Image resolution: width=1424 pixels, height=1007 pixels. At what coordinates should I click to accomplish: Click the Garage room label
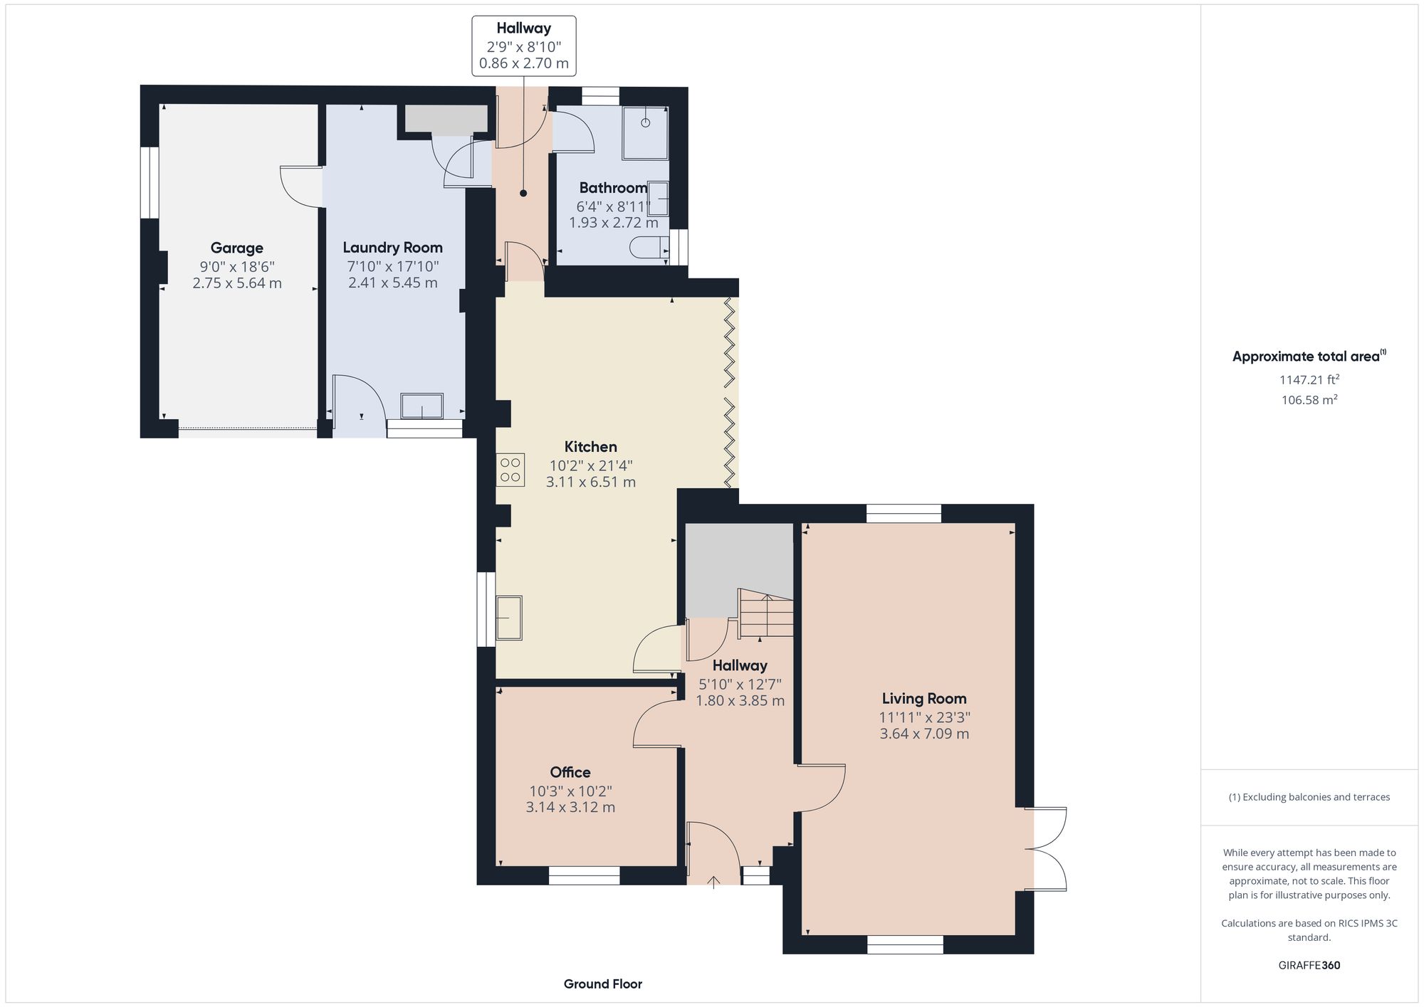click(x=236, y=248)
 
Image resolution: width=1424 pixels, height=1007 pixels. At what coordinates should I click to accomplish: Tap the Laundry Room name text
click(x=392, y=247)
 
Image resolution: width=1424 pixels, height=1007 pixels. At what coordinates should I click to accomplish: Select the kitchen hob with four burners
click(x=511, y=470)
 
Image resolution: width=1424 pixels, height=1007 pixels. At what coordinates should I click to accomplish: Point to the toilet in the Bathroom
click(x=648, y=248)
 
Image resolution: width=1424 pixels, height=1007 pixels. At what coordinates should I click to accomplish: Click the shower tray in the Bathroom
click(x=645, y=133)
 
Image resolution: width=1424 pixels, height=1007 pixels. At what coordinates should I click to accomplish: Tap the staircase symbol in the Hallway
click(x=766, y=613)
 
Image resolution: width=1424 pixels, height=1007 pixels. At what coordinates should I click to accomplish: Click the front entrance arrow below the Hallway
click(x=713, y=882)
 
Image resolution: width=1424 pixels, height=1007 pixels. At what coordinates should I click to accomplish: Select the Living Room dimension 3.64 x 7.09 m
click(x=923, y=734)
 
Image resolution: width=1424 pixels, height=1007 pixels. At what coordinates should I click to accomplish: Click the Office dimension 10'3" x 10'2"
click(x=570, y=791)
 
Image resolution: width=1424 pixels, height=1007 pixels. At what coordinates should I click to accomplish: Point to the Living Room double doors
click(x=1047, y=848)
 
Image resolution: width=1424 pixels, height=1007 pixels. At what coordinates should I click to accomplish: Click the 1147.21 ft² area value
click(x=1309, y=379)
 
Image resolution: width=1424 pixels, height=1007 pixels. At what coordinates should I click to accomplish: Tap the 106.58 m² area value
click(x=1309, y=400)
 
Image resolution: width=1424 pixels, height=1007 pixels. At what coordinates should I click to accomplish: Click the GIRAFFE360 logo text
click(x=1309, y=965)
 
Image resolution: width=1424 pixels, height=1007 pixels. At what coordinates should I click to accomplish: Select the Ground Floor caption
click(x=602, y=984)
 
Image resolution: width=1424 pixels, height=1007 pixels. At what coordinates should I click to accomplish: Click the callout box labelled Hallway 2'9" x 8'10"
click(x=524, y=46)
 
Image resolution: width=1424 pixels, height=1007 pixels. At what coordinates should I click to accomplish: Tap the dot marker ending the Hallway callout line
click(x=523, y=193)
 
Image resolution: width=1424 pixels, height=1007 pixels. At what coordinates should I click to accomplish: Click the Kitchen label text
click(x=590, y=446)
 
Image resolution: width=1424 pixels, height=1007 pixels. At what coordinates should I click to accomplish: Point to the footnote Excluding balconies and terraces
click(x=1309, y=797)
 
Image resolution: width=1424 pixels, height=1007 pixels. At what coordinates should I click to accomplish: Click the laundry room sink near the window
click(x=422, y=406)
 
